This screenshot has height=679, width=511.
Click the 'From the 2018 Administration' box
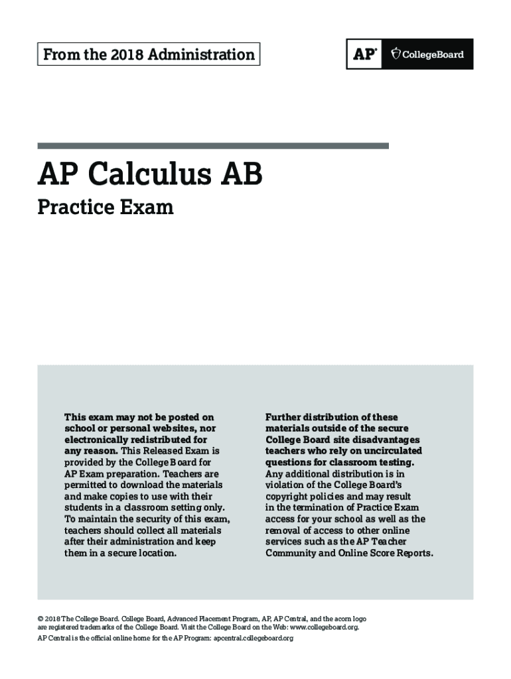[x=149, y=54]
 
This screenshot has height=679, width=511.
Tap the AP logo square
[x=364, y=54]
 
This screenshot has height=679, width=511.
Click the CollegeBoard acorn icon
[x=396, y=54]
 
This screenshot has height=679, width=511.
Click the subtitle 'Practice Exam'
[x=106, y=208]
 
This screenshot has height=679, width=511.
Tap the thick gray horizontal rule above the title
[x=213, y=145]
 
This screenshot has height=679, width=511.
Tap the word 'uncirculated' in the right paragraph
[x=391, y=451]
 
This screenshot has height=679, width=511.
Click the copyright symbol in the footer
[x=40, y=618]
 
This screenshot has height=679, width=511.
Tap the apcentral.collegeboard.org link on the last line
[x=252, y=638]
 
